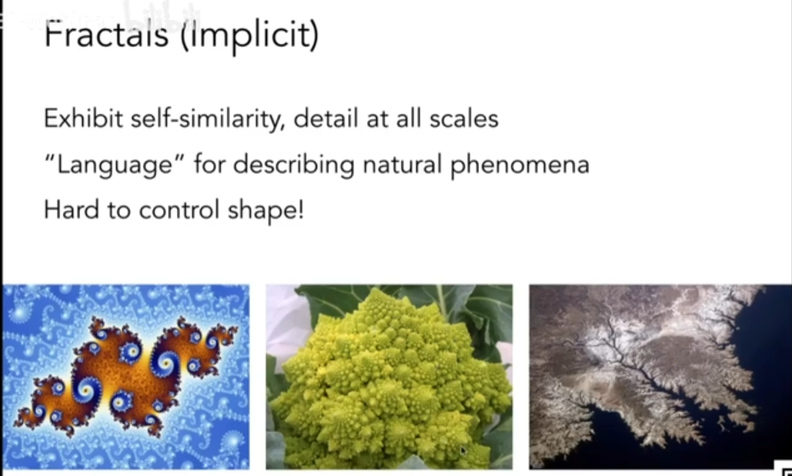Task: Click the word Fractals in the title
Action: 106,35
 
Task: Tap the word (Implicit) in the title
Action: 249,36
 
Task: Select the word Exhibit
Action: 83,119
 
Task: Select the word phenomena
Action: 520,166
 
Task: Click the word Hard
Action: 72,210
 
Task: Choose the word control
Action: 179,210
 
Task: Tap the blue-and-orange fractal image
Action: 125,377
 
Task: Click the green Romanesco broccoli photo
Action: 389,377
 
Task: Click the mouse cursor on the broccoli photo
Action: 463,450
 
